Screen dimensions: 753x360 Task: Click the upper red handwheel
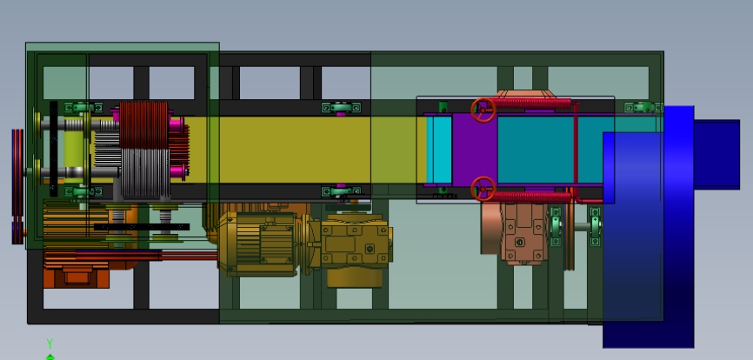coord(483,110)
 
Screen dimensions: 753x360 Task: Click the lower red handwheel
coord(483,188)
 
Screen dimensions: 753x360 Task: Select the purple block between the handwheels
coord(475,150)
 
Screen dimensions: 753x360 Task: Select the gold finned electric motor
coord(259,243)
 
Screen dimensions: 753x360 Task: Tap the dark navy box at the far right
coord(716,155)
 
